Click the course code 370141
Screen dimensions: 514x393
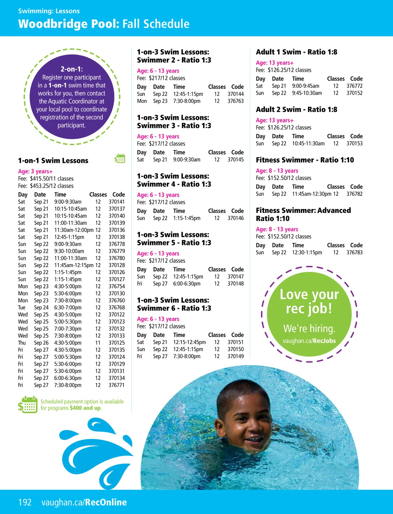click(x=117, y=202)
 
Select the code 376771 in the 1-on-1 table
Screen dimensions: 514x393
click(x=117, y=385)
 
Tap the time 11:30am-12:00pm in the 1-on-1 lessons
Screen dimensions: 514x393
click(x=74, y=230)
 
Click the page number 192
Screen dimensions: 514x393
click(x=25, y=502)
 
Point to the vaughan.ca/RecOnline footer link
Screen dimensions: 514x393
click(x=84, y=502)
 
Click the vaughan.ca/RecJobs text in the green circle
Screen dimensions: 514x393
click(x=309, y=341)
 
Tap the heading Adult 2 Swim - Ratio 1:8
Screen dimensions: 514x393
click(x=296, y=109)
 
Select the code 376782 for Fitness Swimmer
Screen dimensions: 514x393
click(x=354, y=194)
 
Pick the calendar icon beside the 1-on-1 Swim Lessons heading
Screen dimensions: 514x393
click(x=120, y=159)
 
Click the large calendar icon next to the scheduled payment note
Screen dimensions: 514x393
click(x=28, y=405)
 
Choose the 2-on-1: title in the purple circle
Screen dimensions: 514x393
click(x=72, y=69)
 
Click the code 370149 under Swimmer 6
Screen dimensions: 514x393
click(x=235, y=356)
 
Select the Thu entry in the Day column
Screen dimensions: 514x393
click(x=22, y=343)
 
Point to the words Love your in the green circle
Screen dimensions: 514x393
click(x=309, y=294)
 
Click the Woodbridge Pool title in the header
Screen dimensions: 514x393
click(x=69, y=24)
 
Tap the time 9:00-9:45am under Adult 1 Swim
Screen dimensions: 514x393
click(x=306, y=86)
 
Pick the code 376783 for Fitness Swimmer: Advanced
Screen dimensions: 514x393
click(x=354, y=253)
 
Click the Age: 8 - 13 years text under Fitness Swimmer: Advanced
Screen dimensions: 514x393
click(x=277, y=229)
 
